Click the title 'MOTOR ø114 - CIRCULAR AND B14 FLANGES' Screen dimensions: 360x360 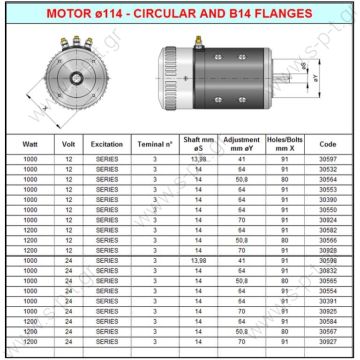(x=180, y=11)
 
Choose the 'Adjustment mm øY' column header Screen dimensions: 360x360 (x=242, y=143)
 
